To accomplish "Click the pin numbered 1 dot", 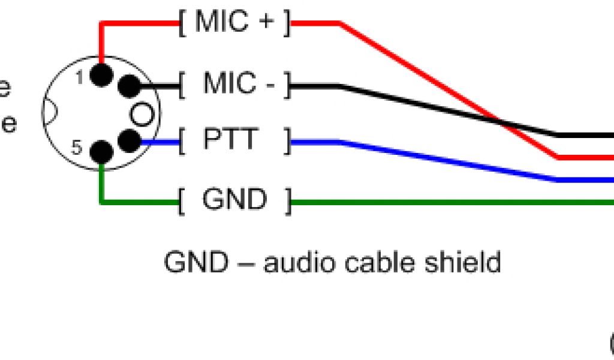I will pos(101,74).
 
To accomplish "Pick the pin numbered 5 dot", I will pos(101,152).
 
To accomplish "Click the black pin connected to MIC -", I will pos(128,87).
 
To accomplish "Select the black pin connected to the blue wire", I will pos(128,142).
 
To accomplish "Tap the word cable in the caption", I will pos(379,262).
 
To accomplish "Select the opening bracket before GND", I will pos(181,201).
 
